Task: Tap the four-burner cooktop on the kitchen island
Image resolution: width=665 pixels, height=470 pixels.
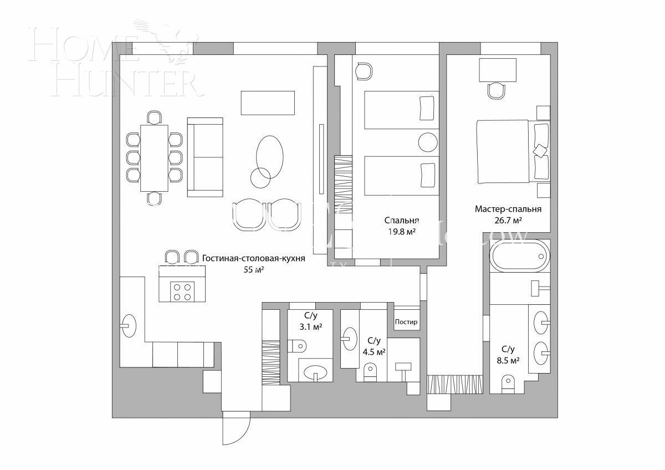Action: [182, 291]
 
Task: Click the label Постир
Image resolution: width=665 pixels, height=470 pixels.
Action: [406, 322]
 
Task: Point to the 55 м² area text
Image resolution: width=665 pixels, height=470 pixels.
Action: [253, 270]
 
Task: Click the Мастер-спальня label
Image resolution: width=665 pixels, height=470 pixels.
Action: [508, 209]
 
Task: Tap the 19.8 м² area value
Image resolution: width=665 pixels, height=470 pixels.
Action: [402, 231]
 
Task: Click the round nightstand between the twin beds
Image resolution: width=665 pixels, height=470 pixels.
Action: [428, 143]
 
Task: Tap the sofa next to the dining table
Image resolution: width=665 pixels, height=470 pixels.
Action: [205, 157]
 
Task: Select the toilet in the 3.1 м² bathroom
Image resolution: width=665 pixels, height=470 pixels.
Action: [297, 346]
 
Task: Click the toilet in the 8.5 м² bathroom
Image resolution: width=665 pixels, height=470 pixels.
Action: [507, 384]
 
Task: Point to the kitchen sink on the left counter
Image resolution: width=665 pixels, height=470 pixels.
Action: [129, 325]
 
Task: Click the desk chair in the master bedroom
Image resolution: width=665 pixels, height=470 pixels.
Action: [497, 90]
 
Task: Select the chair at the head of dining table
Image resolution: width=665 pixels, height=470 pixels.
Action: [155, 117]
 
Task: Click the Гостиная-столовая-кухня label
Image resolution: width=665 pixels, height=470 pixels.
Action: [253, 258]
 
